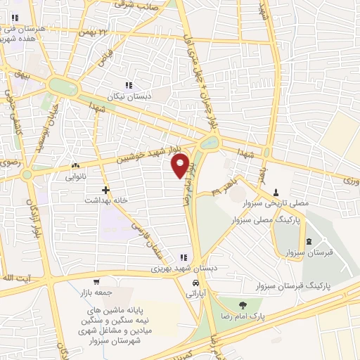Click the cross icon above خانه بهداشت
105,190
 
